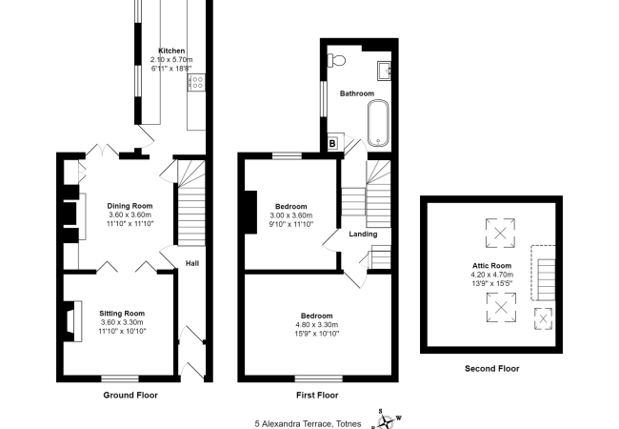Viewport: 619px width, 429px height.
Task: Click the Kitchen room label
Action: coord(171,51)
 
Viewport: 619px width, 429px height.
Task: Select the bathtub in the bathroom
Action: coord(378,120)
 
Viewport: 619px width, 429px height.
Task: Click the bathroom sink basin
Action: coord(384,70)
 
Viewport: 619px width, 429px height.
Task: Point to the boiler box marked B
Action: coord(331,144)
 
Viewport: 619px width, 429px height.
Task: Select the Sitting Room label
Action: coord(122,313)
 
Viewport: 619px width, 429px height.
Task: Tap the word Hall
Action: coord(191,264)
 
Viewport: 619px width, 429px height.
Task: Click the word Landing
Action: coord(363,234)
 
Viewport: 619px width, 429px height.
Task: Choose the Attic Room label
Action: coord(491,265)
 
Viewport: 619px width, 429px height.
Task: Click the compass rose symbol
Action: coord(387,418)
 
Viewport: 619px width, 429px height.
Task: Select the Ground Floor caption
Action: coord(130,395)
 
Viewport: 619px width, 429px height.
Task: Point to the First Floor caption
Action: coord(317,395)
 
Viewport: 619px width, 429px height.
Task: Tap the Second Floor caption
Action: coord(491,368)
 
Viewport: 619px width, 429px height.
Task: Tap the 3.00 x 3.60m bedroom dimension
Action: coord(290,216)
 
